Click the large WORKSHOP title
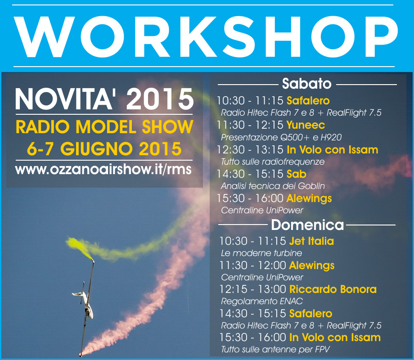(206, 36)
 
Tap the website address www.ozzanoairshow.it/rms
(103, 169)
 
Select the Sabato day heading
(306, 83)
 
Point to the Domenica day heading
(307, 225)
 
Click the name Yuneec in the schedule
(306, 125)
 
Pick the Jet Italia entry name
(311, 241)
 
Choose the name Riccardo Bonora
(333, 289)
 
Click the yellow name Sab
(297, 174)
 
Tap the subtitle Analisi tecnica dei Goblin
(273, 186)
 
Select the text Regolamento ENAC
(261, 301)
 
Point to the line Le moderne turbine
(261, 253)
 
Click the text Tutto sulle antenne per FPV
(275, 350)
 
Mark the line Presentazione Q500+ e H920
(281, 137)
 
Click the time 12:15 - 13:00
(253, 289)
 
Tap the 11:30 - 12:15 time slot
(250, 125)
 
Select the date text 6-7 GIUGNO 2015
(104, 149)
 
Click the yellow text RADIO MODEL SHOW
(104, 127)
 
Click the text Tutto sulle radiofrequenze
(273, 162)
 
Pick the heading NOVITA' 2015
(104, 99)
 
